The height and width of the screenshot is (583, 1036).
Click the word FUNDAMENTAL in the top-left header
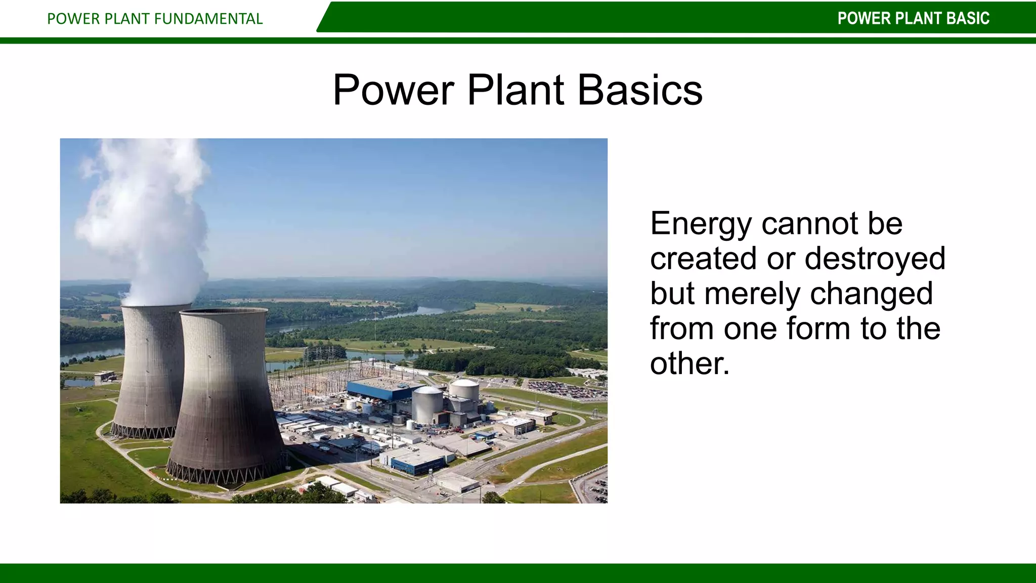click(208, 19)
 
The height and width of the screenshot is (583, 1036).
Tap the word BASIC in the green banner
click(967, 18)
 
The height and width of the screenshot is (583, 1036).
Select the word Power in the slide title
click(393, 90)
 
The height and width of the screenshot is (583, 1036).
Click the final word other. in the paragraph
click(690, 363)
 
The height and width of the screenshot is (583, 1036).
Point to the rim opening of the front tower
click(223, 312)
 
